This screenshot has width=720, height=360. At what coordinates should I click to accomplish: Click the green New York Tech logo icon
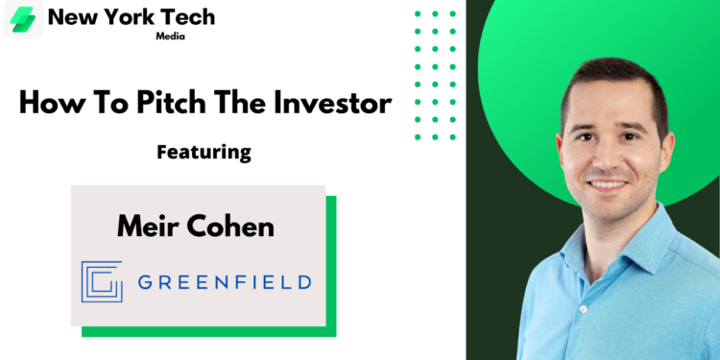[22, 19]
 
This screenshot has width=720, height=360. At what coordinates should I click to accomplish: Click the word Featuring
[203, 152]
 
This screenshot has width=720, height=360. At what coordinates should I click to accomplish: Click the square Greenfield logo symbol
[102, 281]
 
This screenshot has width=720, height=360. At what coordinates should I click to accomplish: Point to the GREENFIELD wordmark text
[224, 282]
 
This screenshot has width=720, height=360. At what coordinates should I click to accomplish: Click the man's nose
[608, 162]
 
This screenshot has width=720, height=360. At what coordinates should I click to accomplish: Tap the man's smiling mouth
[608, 184]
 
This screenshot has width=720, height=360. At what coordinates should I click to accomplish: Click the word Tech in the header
[187, 16]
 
